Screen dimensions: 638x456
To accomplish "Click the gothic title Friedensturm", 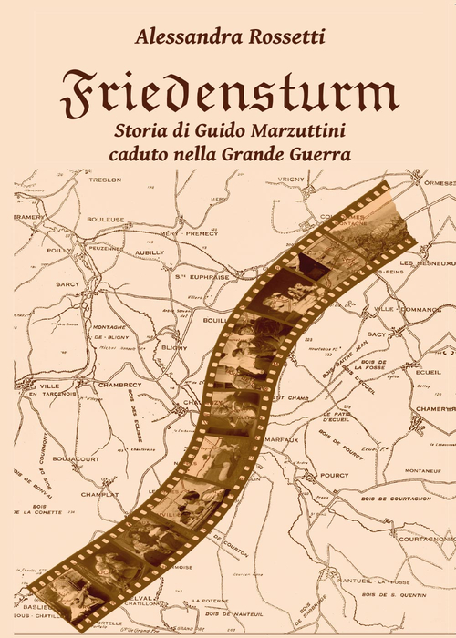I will click(228, 90).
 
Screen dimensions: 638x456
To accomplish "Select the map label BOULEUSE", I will click(106, 220).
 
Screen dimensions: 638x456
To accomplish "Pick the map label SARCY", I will click(43, 283).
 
